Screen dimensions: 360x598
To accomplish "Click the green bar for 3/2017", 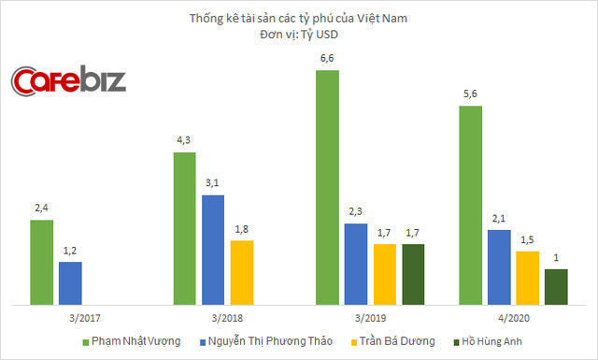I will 42,262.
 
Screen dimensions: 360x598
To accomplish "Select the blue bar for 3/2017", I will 70,282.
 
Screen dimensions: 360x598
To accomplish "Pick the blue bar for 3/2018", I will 213,249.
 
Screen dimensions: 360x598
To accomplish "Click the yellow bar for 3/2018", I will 242,272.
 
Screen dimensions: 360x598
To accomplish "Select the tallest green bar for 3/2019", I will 327,187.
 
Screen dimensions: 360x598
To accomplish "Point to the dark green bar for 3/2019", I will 412,273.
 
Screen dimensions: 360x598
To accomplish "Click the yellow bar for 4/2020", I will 528,277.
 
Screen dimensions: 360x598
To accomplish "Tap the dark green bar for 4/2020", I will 556,286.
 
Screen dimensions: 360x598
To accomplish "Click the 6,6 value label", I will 327,60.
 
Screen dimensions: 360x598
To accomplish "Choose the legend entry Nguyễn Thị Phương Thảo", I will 270,342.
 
